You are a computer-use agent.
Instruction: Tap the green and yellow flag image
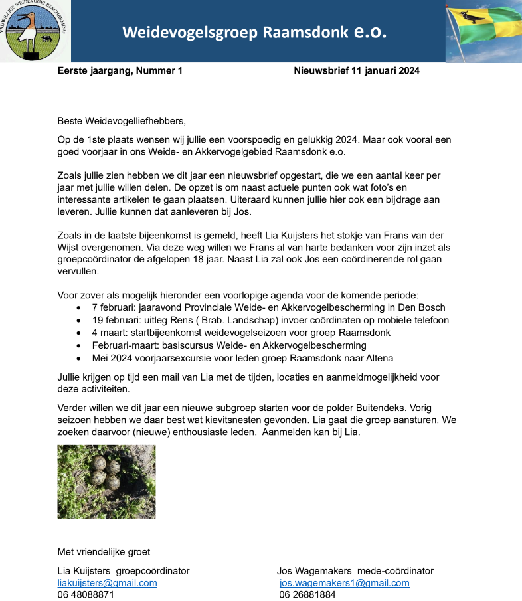483,31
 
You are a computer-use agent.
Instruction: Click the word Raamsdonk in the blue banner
306,33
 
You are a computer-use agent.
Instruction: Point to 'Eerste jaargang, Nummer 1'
120,71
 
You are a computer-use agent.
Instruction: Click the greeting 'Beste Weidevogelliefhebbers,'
122,121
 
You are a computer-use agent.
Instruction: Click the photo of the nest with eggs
106,481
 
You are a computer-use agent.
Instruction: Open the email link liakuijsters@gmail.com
108,583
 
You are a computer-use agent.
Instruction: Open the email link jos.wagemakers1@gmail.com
345,583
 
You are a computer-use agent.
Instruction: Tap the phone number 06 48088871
86,595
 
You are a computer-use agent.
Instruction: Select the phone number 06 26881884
307,595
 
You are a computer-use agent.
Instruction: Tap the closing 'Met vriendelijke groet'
104,551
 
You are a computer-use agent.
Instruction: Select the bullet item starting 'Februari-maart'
229,345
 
